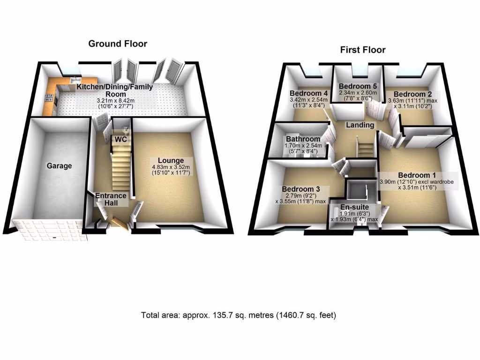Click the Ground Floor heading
click(x=118, y=44)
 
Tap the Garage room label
click(x=59, y=165)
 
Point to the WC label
click(x=121, y=139)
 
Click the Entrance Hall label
click(x=111, y=199)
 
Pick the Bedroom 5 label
click(x=358, y=86)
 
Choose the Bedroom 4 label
click(x=308, y=92)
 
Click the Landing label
click(x=360, y=125)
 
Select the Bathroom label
click(x=303, y=139)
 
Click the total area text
click(x=239, y=315)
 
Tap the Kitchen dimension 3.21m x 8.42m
click(x=115, y=101)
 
